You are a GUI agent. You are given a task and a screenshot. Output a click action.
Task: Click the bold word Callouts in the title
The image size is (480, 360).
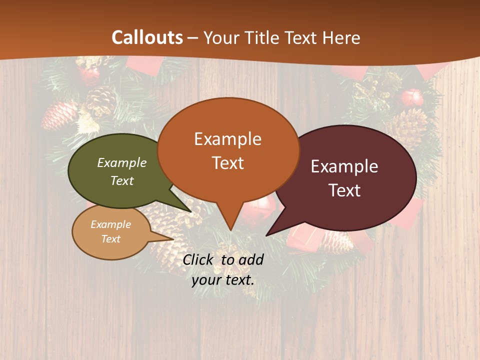[147, 37]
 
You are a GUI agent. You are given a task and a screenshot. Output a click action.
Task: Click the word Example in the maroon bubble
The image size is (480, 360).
[344, 166]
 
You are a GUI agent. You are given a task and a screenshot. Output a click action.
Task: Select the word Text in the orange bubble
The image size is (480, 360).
[228, 163]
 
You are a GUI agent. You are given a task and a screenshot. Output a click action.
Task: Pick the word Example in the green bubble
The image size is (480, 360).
[122, 162]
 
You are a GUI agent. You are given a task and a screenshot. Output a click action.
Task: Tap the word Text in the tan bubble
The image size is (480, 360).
[111, 239]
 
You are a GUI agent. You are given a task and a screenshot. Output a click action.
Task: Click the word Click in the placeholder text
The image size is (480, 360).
[198, 259]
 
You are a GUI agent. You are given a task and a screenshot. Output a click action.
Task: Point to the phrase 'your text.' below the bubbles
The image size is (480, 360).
[223, 280]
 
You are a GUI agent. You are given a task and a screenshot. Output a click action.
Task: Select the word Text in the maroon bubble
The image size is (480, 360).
[344, 190]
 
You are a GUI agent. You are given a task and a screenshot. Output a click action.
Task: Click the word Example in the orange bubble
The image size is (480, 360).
[228, 139]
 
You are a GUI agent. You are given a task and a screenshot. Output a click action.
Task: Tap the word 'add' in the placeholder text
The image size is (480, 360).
[250, 259]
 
